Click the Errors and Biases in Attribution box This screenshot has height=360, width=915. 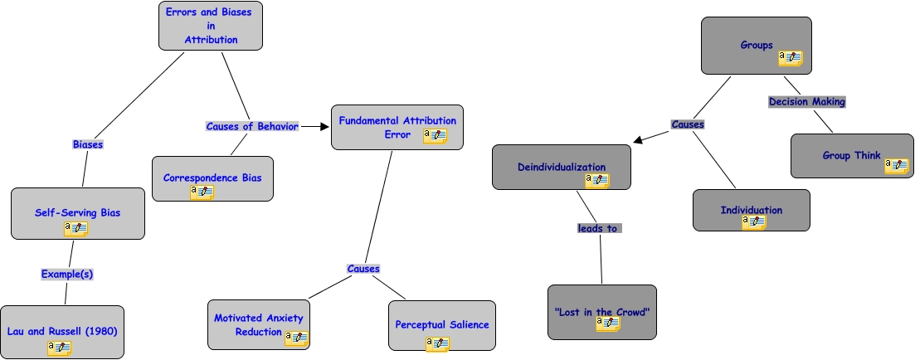tap(211, 25)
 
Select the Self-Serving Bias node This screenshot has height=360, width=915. tap(77, 212)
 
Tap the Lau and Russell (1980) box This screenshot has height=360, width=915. tap(62, 331)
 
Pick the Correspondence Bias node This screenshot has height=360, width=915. tap(212, 178)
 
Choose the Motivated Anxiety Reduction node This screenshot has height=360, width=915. tap(258, 324)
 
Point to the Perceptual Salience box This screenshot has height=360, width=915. tap(441, 324)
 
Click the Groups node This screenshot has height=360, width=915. tap(755, 45)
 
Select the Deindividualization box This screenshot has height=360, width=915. tap(562, 167)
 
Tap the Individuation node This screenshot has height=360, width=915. tap(751, 210)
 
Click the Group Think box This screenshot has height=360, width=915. tap(851, 155)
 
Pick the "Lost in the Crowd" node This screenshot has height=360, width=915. tap(601, 312)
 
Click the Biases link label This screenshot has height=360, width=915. tap(87, 144)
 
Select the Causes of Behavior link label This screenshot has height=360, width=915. tap(252, 126)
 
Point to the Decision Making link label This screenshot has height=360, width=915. tap(806, 102)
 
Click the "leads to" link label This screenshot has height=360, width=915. tap(599, 228)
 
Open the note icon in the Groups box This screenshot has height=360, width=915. tap(790, 58)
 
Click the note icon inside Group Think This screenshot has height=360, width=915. tap(896, 165)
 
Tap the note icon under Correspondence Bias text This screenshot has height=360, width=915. tap(202, 192)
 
